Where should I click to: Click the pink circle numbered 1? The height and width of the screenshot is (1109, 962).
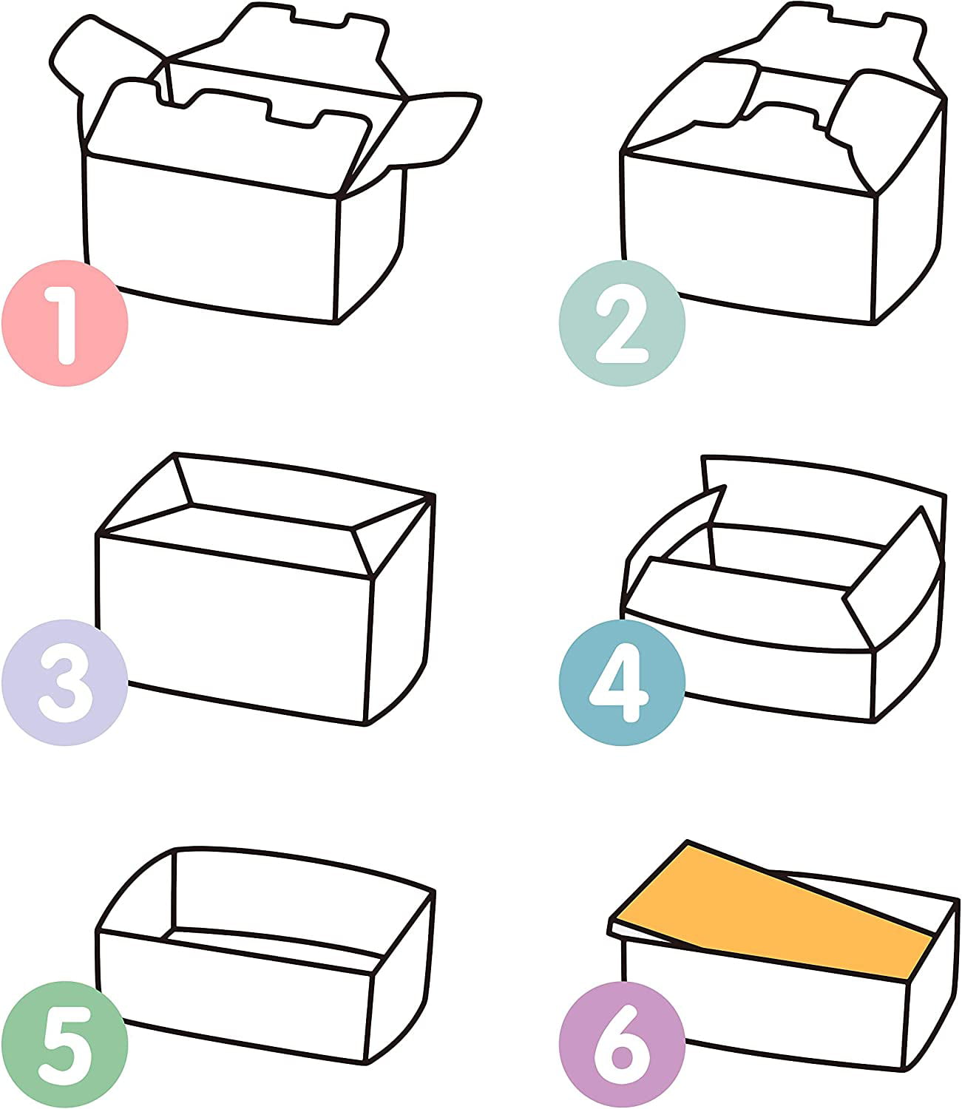(x=65, y=324)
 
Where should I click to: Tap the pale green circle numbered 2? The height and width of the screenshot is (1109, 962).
(x=622, y=324)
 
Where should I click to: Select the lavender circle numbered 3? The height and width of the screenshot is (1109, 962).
(x=65, y=683)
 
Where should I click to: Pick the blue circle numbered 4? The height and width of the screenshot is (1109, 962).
(x=622, y=683)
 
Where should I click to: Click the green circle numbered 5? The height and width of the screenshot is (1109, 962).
(x=65, y=1045)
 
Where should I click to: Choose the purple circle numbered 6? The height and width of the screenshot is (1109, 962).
(x=622, y=1045)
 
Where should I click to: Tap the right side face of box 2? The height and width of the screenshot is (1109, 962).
(x=910, y=217)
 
